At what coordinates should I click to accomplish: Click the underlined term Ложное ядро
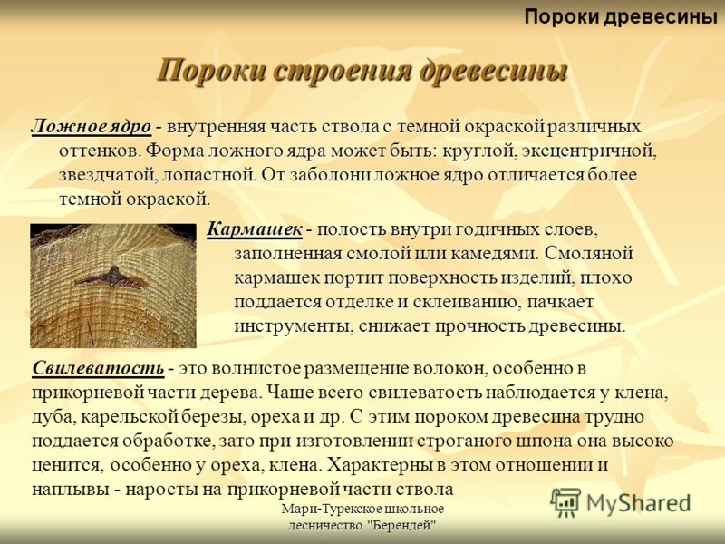(x=92, y=126)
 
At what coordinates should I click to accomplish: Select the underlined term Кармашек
(x=255, y=229)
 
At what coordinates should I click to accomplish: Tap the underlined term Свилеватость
(x=98, y=369)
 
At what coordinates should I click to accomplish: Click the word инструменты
(x=293, y=326)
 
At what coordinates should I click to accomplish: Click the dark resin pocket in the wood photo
(x=111, y=278)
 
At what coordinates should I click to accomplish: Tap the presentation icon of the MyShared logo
(x=565, y=502)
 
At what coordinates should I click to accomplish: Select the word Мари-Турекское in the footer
(x=329, y=509)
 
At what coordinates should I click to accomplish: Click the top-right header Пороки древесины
(x=621, y=17)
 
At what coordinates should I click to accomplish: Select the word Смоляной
(x=588, y=254)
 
